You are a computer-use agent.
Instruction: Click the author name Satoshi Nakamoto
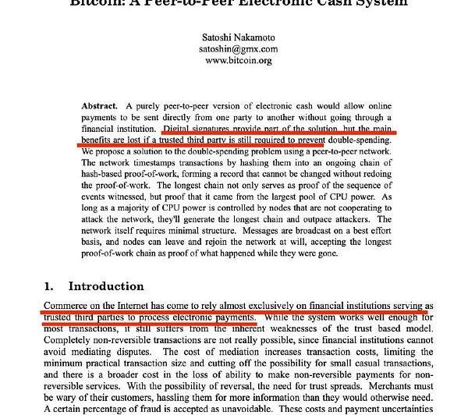pos(232,36)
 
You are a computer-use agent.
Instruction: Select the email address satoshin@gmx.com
pos(232,48)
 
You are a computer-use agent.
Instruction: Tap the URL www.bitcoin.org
pos(232,60)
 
